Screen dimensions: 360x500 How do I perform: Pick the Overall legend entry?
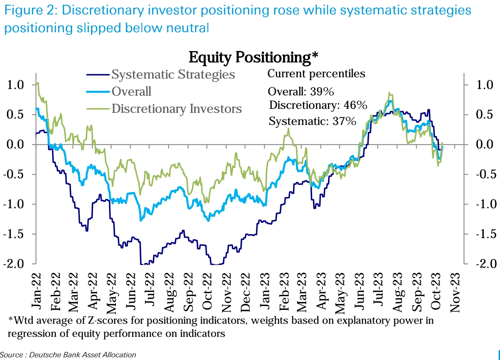[x=131, y=91]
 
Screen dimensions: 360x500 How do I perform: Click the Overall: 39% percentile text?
[x=301, y=91]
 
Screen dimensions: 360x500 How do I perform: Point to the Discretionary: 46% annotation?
[x=318, y=105]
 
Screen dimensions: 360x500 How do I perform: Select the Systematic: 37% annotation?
[x=312, y=121]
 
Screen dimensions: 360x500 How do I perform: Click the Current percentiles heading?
[x=316, y=74]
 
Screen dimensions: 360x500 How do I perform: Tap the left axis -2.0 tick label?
[x=14, y=264]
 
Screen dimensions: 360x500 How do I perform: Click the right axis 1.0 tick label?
[x=485, y=85]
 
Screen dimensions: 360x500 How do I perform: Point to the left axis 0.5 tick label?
[x=15, y=115]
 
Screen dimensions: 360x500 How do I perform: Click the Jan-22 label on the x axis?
[x=37, y=291]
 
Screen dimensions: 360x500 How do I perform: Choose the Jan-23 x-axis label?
[x=265, y=291]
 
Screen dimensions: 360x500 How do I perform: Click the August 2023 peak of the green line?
[x=389, y=93]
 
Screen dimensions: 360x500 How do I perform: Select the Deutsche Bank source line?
[x=68, y=355]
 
